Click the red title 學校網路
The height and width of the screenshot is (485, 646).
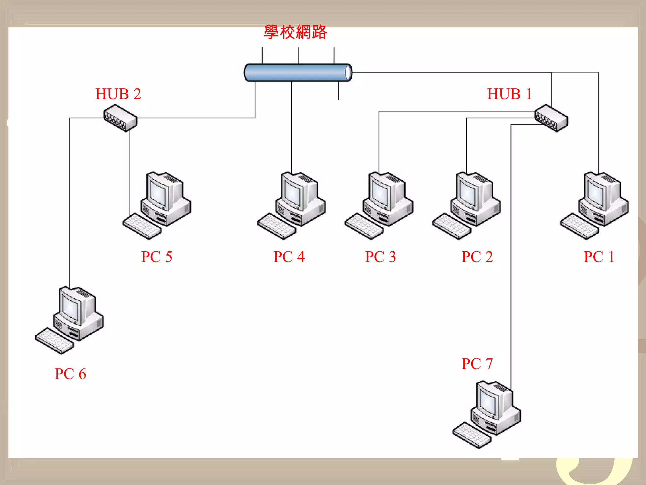pos(295,32)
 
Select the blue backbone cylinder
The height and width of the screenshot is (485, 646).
pos(298,73)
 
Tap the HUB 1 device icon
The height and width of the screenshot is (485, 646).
pos(551,118)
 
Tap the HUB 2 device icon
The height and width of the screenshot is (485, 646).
pos(120,118)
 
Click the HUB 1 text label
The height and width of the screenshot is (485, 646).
pos(509,94)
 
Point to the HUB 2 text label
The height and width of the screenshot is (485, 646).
pos(118,94)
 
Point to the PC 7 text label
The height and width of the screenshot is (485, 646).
pos(477,364)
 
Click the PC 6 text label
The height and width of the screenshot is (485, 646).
pos(70,374)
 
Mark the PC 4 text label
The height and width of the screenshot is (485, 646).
pos(289,257)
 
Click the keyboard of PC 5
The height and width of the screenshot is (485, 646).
pos(142,226)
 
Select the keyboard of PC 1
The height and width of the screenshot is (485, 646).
pos(579,226)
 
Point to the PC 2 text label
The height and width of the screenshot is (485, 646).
pos(477,257)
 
